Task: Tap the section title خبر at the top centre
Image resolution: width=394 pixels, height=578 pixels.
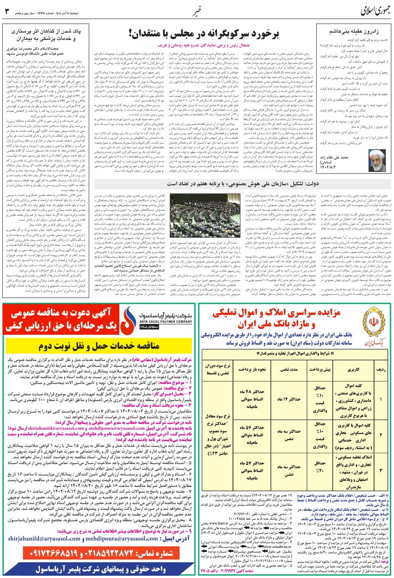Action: (x=197, y=10)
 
